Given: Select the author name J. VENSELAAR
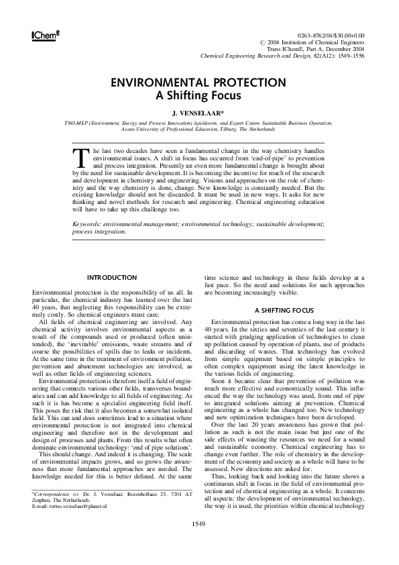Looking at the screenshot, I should (198, 113).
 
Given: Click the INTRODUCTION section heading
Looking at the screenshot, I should (113, 278).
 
